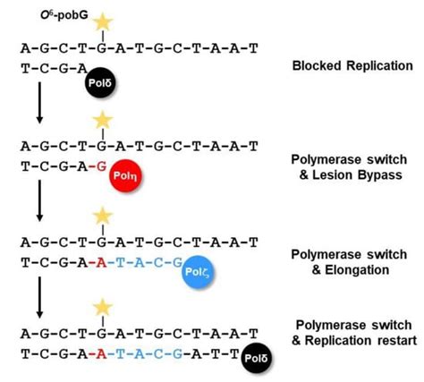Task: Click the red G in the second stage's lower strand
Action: coord(104,166)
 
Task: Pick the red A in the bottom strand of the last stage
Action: coord(104,346)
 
